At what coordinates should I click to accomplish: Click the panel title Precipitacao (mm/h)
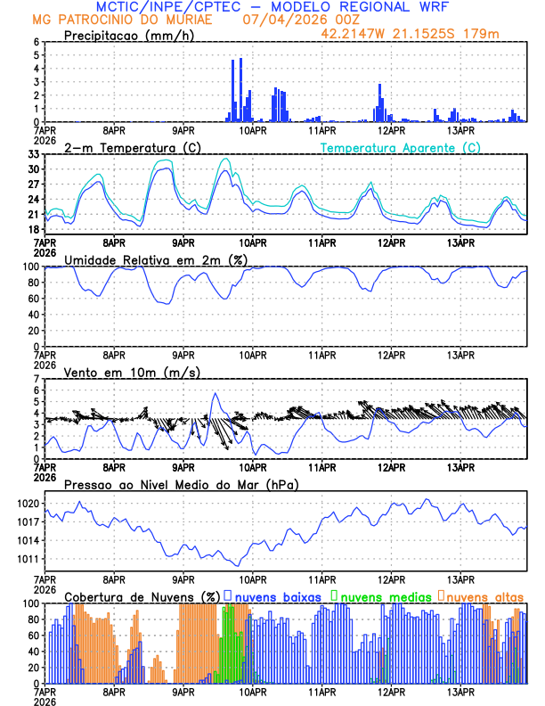tap(126, 36)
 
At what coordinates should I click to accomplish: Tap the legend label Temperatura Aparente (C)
tap(400, 147)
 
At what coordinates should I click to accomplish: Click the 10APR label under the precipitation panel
tap(253, 129)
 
